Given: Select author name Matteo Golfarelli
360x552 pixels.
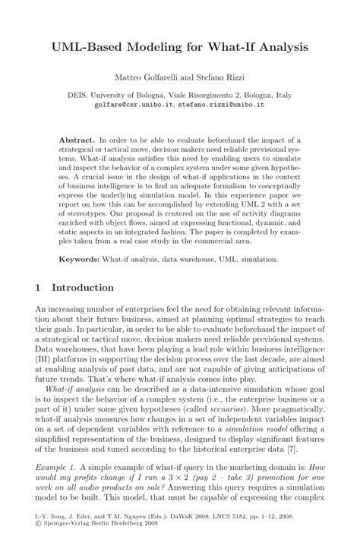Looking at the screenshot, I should (x=142, y=78).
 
